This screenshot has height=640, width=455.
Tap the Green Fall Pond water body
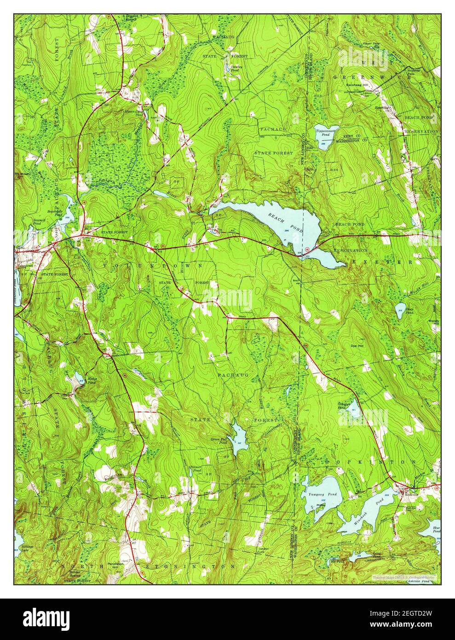click(x=239, y=439)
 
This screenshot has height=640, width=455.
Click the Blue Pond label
click(x=436, y=529)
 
